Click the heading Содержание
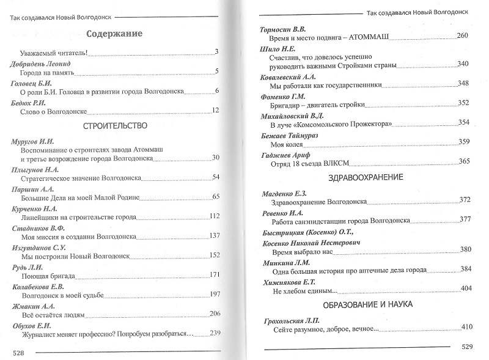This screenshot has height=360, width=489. coord(114,34)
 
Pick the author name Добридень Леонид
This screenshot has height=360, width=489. coord(41,64)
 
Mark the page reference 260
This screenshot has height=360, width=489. coord(462,36)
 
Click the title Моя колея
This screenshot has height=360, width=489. coord(286,144)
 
